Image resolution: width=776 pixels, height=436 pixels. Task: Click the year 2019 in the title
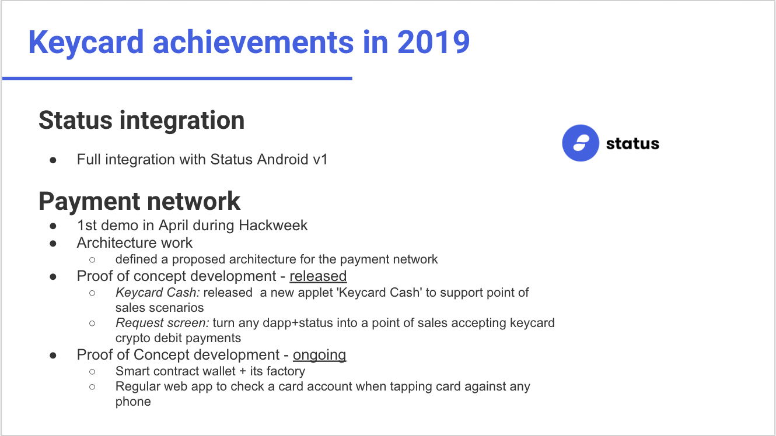point(434,42)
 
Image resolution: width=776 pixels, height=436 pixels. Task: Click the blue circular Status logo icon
point(581,143)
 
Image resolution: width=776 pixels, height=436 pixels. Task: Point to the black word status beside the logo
point(632,143)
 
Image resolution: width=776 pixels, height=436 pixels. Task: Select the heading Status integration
point(142,121)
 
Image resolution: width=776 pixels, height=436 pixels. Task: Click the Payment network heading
point(139,201)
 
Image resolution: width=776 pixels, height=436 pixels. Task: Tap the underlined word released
point(318,276)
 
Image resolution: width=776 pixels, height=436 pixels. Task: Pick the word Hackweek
point(273,225)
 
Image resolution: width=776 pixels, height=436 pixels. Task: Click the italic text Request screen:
point(162,323)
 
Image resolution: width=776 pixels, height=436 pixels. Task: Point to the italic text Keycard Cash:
point(158,293)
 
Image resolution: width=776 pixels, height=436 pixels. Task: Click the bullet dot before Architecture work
point(53,244)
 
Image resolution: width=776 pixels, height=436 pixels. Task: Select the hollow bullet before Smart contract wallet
point(92,372)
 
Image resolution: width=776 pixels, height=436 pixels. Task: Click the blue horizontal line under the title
point(177,79)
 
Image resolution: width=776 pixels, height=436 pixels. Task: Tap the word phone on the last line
point(133,402)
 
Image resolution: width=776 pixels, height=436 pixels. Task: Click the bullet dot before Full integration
point(53,160)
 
